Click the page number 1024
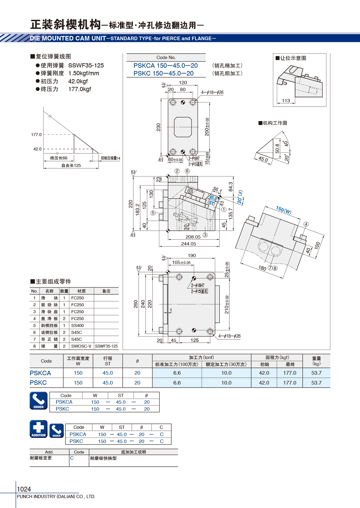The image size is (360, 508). (24, 489)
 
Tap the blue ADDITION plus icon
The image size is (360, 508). (38, 429)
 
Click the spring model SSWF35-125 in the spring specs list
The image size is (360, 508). (86, 66)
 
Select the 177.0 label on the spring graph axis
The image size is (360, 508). (36, 135)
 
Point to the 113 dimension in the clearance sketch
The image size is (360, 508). (286, 100)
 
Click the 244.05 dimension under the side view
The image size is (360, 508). (188, 244)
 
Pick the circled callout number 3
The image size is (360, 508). (205, 235)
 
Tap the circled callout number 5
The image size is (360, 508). (153, 213)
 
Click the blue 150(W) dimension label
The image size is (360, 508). (283, 210)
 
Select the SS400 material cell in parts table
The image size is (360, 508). (77, 325)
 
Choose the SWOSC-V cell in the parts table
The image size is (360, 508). (81, 346)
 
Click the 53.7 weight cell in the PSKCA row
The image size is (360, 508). (316, 373)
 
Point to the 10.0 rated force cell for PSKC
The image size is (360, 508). (226, 383)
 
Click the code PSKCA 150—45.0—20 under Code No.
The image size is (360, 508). (166, 66)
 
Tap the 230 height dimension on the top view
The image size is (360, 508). (158, 127)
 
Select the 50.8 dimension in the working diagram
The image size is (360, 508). (277, 149)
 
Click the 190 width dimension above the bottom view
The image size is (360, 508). (192, 255)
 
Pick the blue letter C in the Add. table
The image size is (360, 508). (72, 458)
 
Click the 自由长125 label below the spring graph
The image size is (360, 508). (71, 165)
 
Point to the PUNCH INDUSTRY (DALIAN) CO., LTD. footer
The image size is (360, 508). (56, 496)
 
